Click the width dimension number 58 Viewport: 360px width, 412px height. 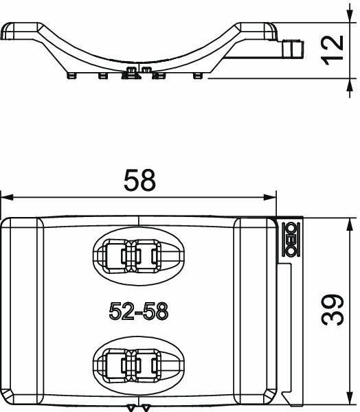pyautogui.click(x=140, y=180)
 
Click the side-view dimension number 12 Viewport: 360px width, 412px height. pyautogui.click(x=333, y=51)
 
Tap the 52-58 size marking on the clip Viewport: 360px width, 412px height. pyautogui.click(x=138, y=311)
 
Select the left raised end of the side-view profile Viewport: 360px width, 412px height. pyautogui.click(x=17, y=31)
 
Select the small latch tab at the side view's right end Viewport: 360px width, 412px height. pyautogui.click(x=293, y=49)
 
